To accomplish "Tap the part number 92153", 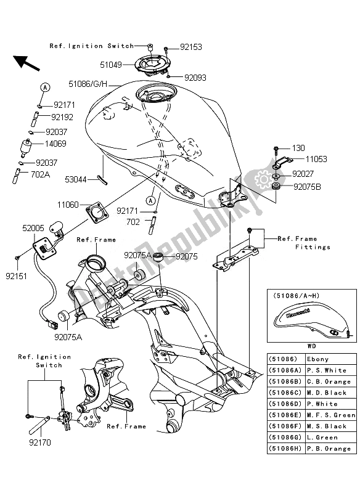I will coord(191,46).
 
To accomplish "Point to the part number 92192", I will coord(63,116).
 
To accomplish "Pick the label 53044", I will coord(80,179).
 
